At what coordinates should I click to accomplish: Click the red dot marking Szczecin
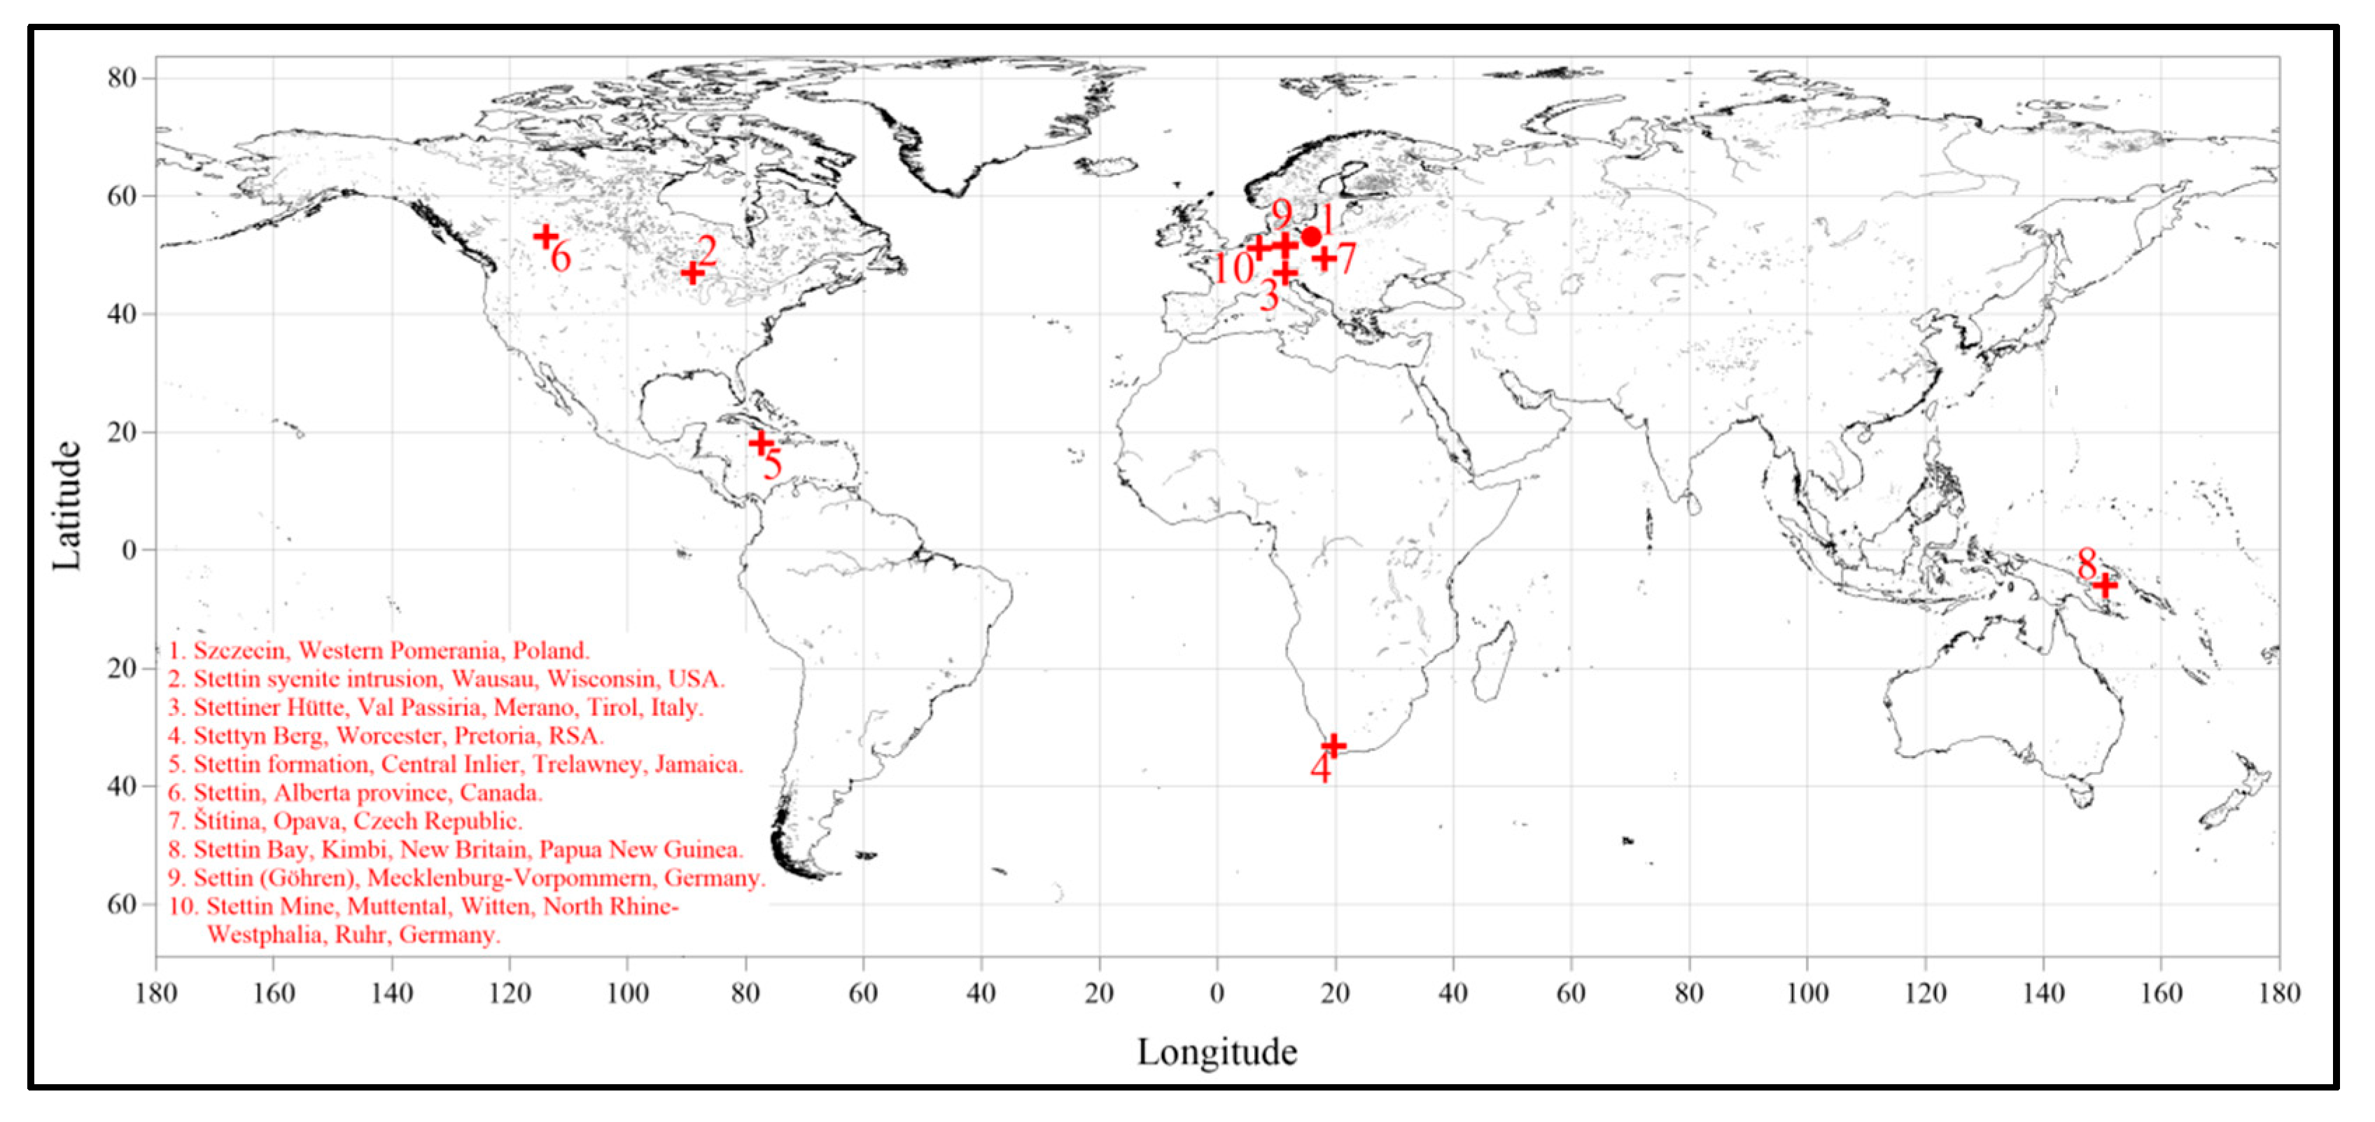pos(1311,236)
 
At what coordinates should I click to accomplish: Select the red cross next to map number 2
pos(692,272)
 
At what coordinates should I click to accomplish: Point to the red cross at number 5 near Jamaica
pos(762,444)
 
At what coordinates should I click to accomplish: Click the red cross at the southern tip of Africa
pos(1333,745)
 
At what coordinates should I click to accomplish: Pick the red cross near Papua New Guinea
pos(2105,584)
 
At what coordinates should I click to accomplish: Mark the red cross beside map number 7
pos(1324,258)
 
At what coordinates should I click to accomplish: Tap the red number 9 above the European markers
pos(1282,215)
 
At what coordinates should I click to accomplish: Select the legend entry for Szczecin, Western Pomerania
pos(379,651)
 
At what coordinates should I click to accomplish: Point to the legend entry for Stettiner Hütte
pos(435,707)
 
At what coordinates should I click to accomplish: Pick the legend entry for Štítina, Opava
pos(346,820)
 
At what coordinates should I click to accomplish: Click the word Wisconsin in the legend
pos(601,680)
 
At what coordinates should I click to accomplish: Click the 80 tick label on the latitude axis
pos(122,78)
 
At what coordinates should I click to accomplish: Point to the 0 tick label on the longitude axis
pos(1217,993)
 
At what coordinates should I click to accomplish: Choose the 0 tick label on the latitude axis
pos(128,550)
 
